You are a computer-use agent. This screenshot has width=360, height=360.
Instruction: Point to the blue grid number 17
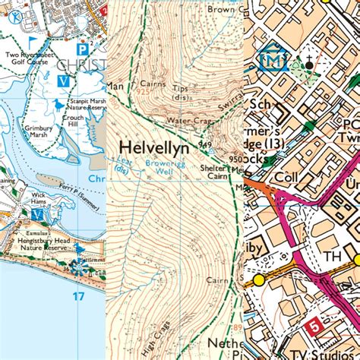tap(79, 296)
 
